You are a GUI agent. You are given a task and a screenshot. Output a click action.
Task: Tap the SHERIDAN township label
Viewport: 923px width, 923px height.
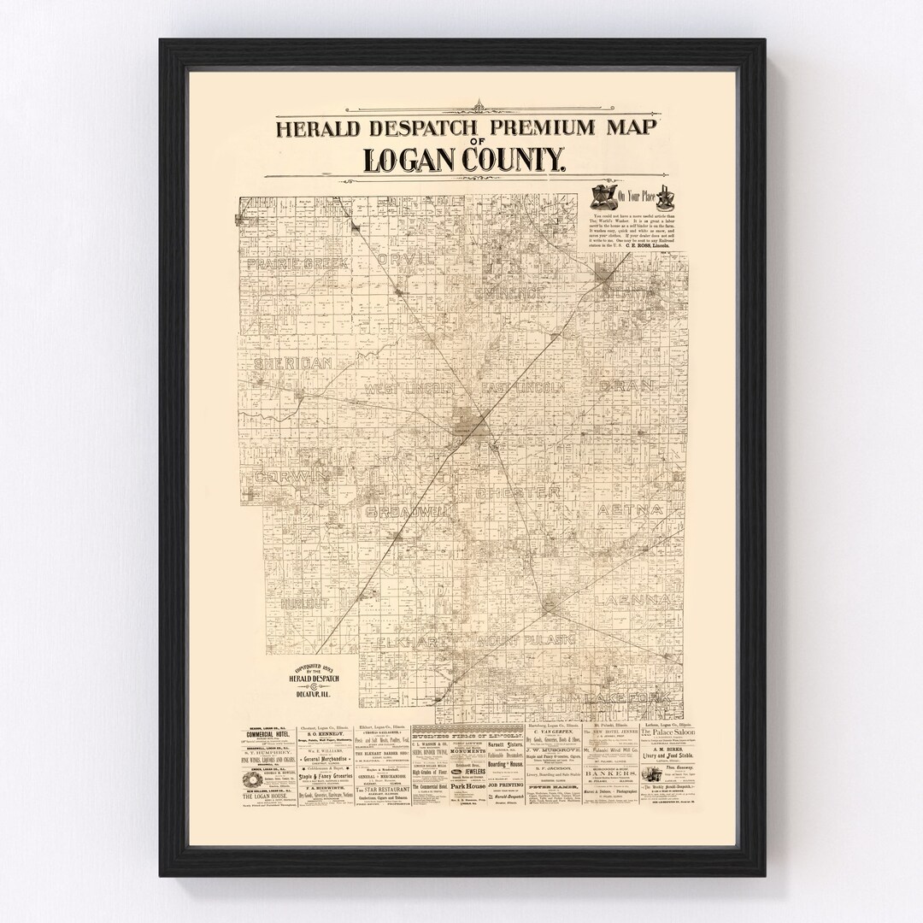(292, 364)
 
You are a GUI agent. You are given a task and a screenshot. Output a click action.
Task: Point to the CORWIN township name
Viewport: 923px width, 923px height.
(291, 476)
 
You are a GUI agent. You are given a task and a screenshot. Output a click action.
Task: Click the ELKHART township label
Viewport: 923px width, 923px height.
(404, 639)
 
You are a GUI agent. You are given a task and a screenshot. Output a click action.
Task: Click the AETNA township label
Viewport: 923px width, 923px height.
(631, 509)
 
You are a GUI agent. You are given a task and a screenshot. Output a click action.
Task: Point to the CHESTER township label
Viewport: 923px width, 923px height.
(519, 493)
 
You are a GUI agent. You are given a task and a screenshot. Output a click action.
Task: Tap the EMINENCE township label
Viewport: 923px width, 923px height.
(510, 293)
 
